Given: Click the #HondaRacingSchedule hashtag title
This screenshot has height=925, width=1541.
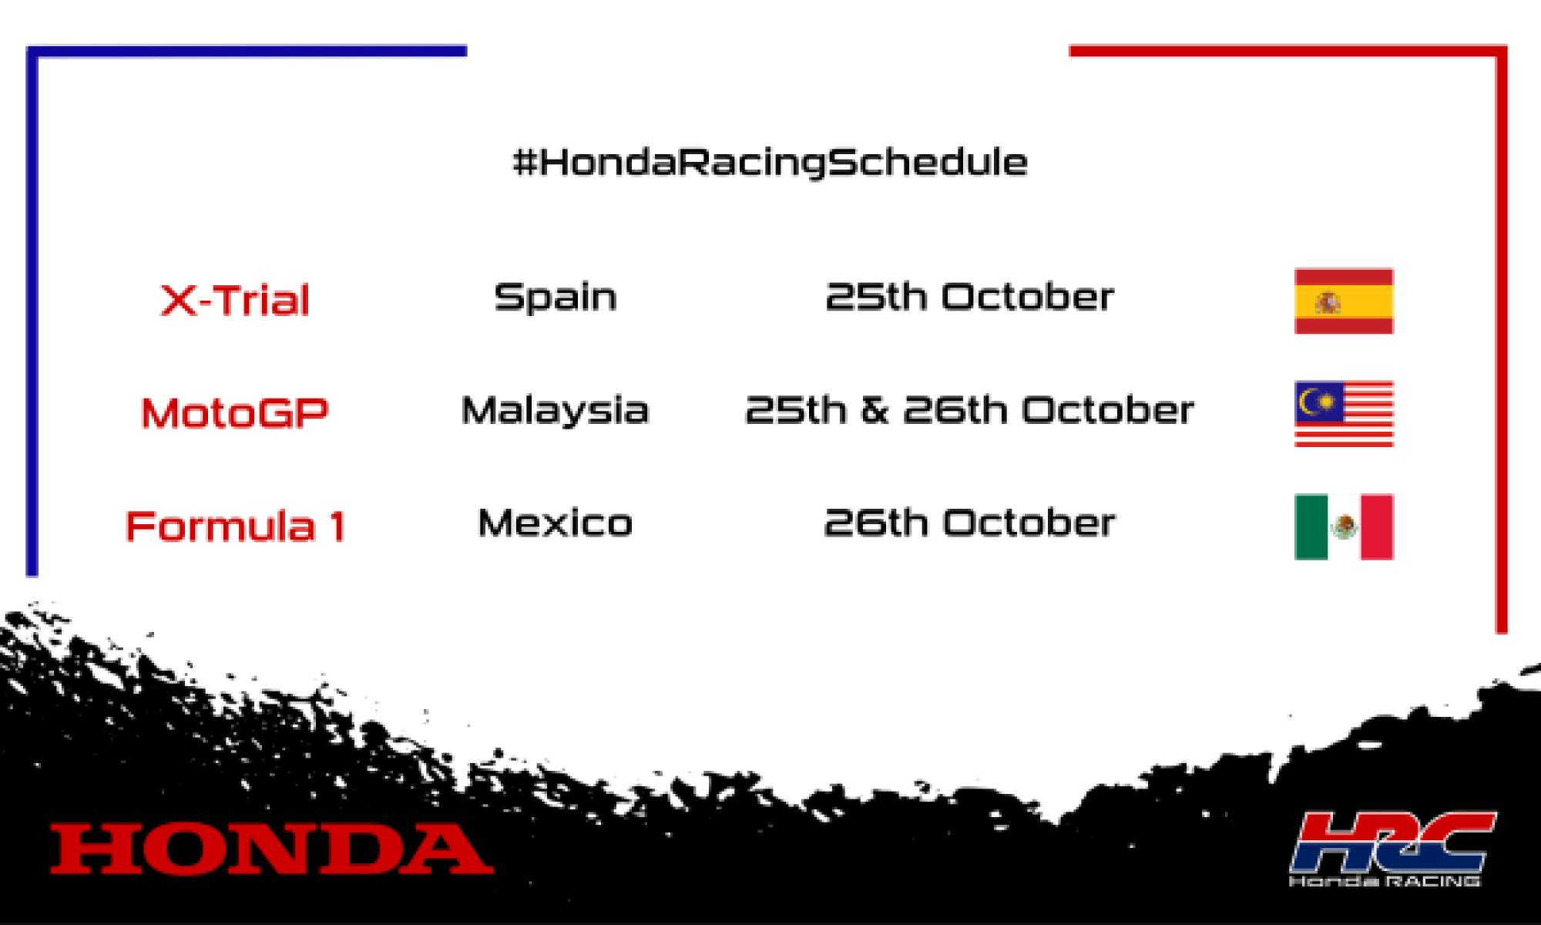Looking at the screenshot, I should [x=770, y=163].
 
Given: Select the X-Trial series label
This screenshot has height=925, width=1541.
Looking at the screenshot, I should [x=235, y=300].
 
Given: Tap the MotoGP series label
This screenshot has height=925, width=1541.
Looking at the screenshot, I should [x=235, y=412].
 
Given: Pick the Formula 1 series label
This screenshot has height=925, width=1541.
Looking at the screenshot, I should [x=235, y=526].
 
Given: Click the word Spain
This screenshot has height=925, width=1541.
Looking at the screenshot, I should [x=555, y=297].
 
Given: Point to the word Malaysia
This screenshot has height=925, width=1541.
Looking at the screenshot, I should [x=555, y=410].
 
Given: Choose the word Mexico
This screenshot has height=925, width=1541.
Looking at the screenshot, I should [x=555, y=523].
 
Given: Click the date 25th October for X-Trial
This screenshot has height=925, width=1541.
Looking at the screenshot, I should [x=969, y=297].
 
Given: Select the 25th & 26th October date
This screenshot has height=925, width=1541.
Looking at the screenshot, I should [x=969, y=410].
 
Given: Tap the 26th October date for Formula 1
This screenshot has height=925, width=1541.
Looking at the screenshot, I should [x=969, y=523].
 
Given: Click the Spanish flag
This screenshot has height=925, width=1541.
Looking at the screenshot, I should [x=1344, y=301].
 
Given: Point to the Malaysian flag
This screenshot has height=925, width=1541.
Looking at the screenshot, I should [x=1344, y=413].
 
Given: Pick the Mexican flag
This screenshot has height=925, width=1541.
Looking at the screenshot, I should [x=1344, y=526].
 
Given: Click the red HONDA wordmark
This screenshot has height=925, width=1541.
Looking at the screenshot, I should [x=271, y=849].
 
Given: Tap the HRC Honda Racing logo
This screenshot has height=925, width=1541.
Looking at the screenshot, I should [x=1392, y=849].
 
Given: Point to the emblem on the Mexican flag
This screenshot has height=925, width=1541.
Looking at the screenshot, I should [x=1344, y=527].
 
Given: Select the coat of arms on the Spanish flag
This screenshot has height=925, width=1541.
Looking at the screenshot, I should [x=1327, y=301].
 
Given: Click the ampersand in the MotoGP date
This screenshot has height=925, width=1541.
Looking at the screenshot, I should [x=875, y=410].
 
